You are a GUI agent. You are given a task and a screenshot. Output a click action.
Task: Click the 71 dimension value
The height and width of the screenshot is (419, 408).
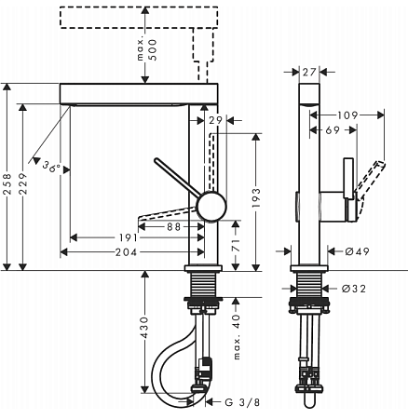(238, 248)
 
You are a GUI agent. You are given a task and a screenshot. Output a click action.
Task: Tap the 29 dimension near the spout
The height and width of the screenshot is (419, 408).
(215, 121)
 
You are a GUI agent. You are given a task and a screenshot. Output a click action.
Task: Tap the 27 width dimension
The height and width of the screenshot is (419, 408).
(310, 70)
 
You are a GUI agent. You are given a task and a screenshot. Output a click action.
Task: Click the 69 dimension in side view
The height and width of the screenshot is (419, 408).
(332, 131)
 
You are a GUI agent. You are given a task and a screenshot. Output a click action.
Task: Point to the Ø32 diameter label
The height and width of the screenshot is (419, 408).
(353, 290)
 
